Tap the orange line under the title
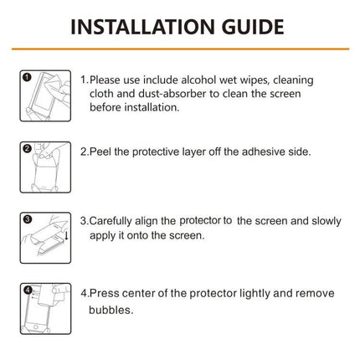coord(180,53)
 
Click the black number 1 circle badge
coord(27,78)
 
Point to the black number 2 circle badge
coord(27,149)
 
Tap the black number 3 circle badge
coord(27,219)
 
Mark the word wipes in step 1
coord(260,79)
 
